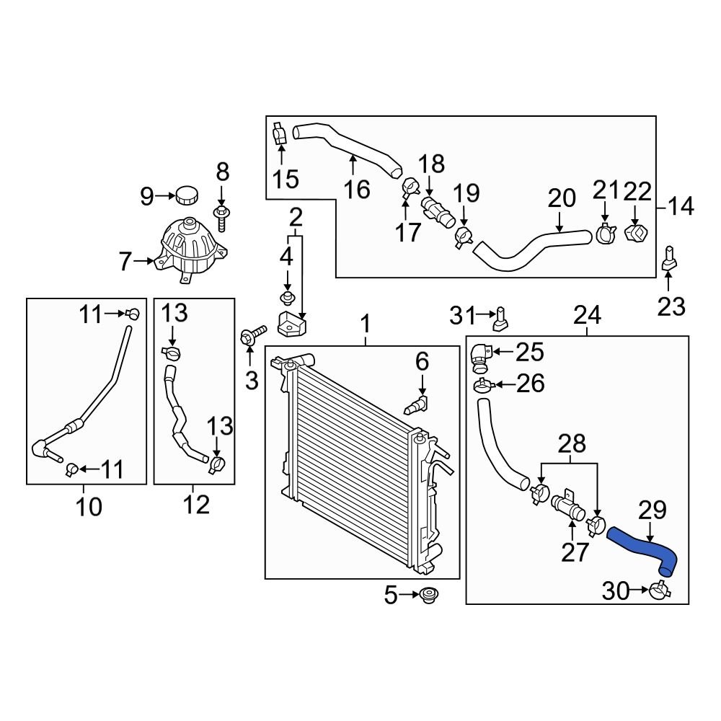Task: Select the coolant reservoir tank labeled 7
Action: tap(189, 249)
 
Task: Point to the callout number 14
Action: tap(680, 208)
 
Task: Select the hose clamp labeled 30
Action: tap(659, 590)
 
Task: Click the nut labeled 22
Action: tap(634, 234)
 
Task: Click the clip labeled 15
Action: tap(280, 134)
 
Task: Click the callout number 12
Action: tap(195, 505)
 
